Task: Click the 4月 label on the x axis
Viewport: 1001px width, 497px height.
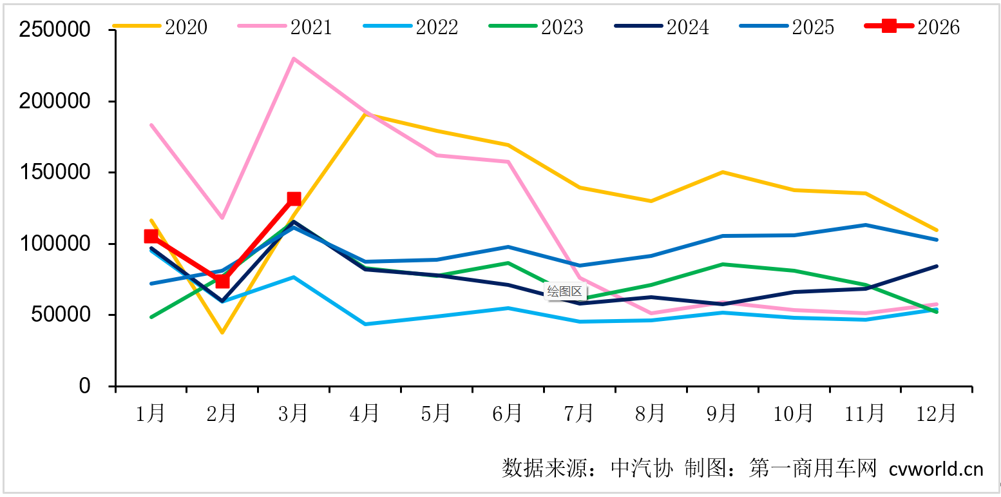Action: click(365, 413)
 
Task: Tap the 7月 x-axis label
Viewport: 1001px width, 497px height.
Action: click(578, 413)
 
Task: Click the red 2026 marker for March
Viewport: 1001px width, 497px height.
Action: click(294, 199)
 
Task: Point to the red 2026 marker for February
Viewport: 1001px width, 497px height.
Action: click(222, 281)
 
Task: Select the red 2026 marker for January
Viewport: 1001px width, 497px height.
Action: click(151, 237)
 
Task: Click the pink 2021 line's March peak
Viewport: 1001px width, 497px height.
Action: click(294, 59)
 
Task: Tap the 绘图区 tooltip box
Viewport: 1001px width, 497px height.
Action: click(564, 291)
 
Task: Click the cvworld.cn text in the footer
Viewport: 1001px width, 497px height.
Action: click(936, 469)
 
